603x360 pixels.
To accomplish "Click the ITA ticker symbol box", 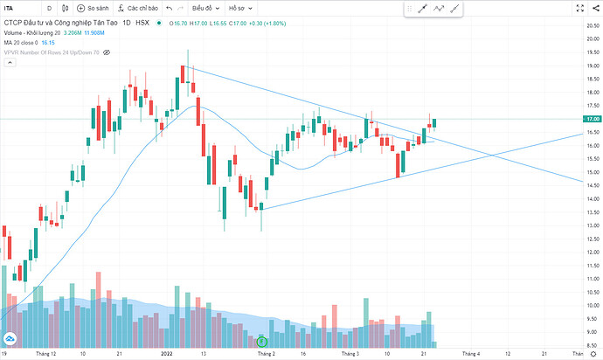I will (x=17, y=9).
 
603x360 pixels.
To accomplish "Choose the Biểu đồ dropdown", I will (x=204, y=9).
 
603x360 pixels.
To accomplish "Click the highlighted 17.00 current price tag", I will (x=593, y=119).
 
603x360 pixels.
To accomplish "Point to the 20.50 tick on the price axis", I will (x=593, y=26).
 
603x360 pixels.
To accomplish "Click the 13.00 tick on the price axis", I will (x=593, y=225).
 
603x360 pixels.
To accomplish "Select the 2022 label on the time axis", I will (x=166, y=354).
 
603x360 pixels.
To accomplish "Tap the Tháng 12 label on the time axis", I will (x=45, y=354).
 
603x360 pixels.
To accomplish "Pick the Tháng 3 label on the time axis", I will (x=350, y=354).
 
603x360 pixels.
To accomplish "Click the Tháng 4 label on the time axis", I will (x=471, y=354).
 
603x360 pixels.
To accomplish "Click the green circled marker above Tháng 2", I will (x=261, y=340).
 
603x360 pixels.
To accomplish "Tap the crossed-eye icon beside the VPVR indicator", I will (x=107, y=52).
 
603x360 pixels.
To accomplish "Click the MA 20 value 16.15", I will (x=49, y=42).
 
